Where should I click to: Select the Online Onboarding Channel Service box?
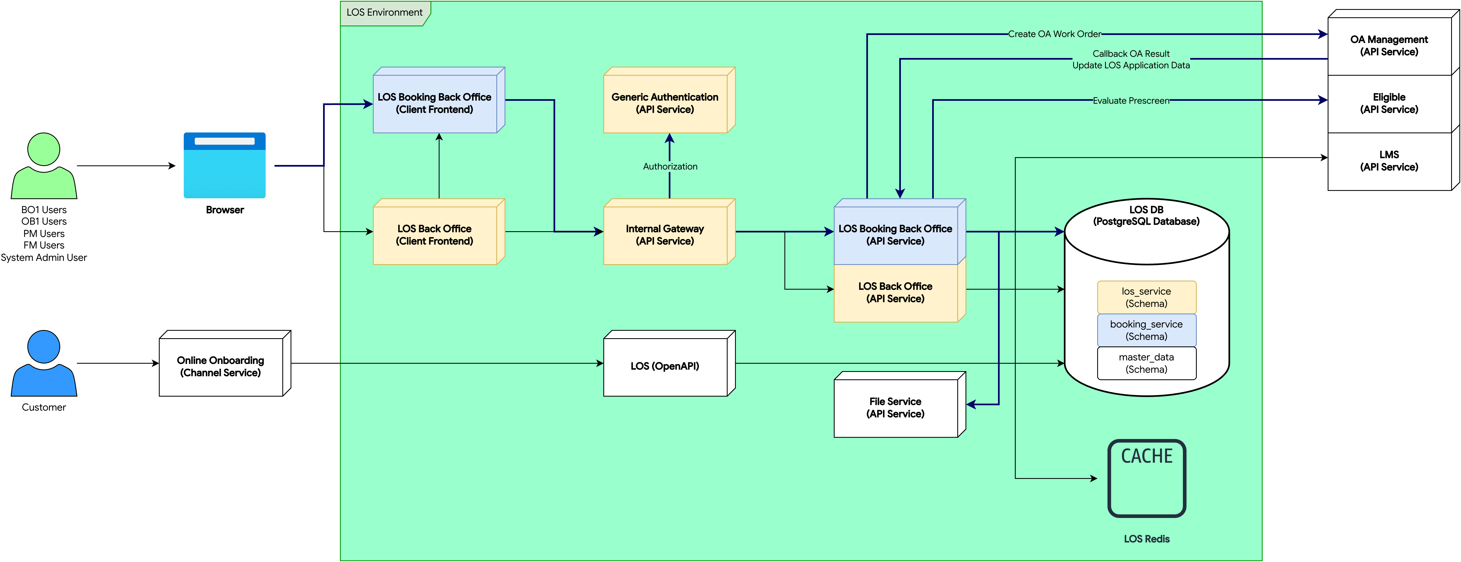pyautogui.click(x=221, y=366)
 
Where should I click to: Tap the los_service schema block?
pyautogui.click(x=1146, y=297)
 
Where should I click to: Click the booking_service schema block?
pyautogui.click(x=1146, y=330)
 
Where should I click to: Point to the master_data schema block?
pyautogui.click(x=1146, y=363)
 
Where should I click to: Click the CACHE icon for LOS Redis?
pyautogui.click(x=1146, y=478)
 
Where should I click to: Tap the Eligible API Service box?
pyautogui.click(x=1389, y=103)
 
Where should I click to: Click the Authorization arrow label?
pyautogui.click(x=670, y=166)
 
